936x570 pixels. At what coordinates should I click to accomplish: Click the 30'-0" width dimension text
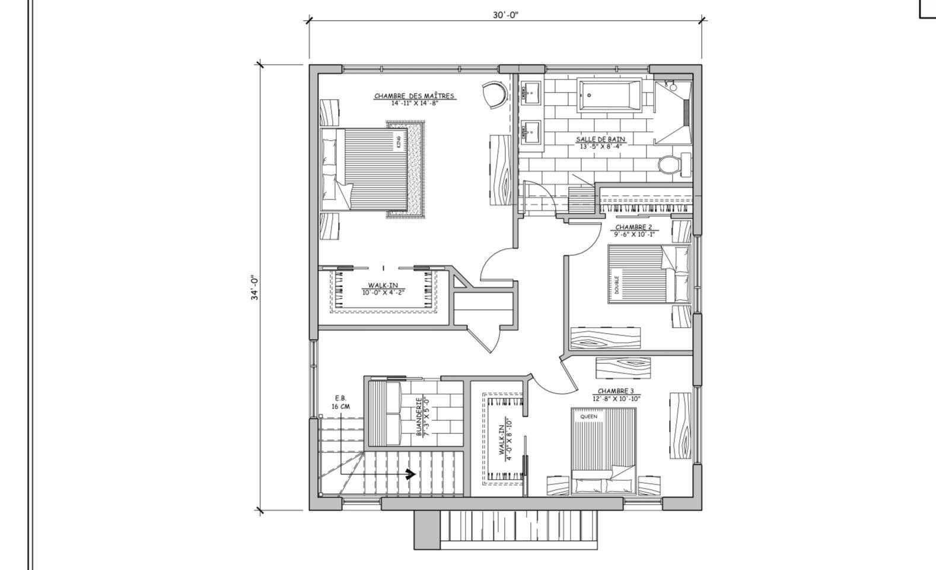pos(505,15)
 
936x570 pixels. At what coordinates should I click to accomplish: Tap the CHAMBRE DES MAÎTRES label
pos(414,96)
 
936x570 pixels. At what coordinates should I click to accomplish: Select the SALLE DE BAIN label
pos(600,140)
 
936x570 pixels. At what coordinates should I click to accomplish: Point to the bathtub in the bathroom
pos(610,95)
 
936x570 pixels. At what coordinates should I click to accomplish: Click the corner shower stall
pos(673,113)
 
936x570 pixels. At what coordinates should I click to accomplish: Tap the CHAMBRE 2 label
pos(633,227)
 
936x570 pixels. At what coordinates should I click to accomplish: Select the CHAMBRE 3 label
pos(616,391)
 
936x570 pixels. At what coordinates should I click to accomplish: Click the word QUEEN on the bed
pos(588,417)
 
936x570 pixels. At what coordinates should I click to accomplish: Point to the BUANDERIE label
pos(419,417)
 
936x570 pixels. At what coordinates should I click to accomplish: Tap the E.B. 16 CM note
pos(340,402)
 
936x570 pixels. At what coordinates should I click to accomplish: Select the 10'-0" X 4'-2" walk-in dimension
pos(383,292)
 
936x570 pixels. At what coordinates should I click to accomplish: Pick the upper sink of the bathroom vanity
pos(531,93)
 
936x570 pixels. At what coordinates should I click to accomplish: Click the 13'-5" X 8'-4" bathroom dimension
pos(600,146)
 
